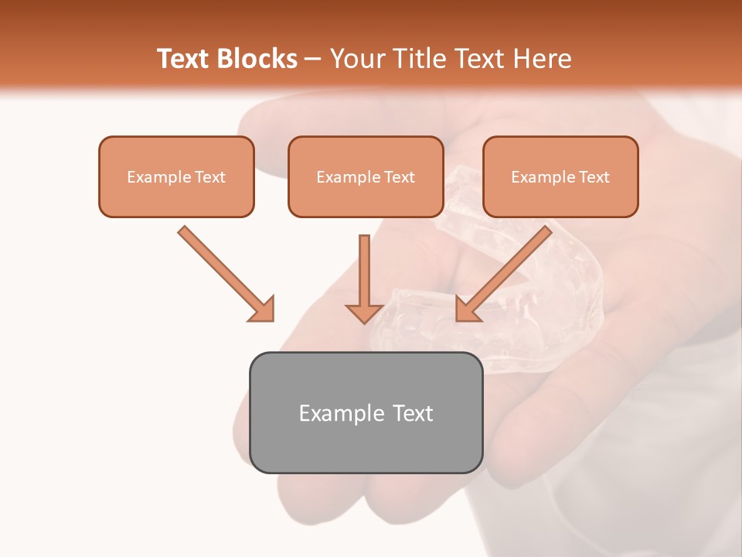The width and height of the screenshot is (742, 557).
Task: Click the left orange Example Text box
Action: click(176, 176)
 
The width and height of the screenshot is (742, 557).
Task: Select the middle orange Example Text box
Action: click(366, 176)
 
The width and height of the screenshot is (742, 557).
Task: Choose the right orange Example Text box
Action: click(560, 176)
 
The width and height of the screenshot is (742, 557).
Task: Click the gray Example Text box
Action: click(366, 412)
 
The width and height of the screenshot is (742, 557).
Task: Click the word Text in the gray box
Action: click(412, 413)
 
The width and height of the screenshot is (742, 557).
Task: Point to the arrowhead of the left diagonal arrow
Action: click(263, 309)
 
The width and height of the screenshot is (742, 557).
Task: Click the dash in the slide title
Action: click(313, 59)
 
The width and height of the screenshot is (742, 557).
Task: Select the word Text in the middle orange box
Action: click(399, 177)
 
